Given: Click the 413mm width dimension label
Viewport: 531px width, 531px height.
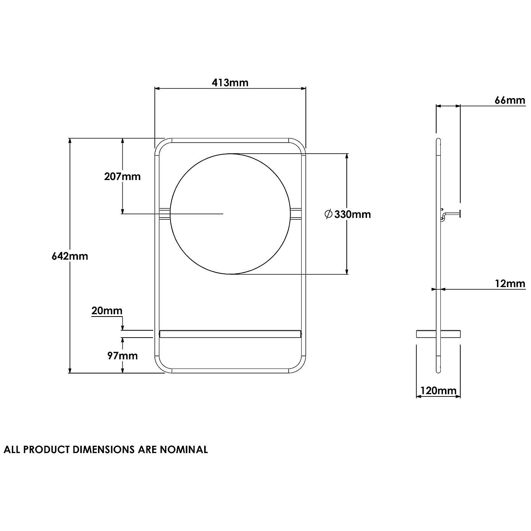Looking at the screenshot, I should click(x=230, y=83).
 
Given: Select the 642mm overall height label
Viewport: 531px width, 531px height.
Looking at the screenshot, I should click(x=70, y=256).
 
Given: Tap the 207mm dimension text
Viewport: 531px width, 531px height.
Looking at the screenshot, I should click(x=122, y=177).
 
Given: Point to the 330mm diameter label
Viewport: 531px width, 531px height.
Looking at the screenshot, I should click(x=352, y=214).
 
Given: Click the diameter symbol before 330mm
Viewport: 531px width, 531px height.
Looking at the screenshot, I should click(x=328, y=214).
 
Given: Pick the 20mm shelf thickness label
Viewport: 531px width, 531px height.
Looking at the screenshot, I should click(x=107, y=311).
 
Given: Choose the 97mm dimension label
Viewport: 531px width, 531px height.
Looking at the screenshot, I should click(x=122, y=356).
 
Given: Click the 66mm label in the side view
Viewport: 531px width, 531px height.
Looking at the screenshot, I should click(x=510, y=100).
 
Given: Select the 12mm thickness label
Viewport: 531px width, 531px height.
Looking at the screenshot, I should click(x=510, y=284).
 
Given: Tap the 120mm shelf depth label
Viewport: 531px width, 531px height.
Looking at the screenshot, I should click(x=438, y=391).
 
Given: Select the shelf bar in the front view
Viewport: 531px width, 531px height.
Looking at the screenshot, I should click(x=231, y=334).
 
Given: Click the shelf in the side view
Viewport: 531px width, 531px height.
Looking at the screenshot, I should click(x=438, y=334).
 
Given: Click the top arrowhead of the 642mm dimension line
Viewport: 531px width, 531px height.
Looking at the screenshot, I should click(x=70, y=140).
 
